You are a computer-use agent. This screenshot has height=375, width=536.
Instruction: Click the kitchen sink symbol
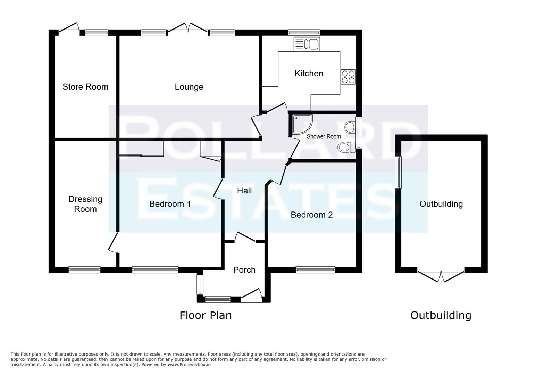[x=307, y=44]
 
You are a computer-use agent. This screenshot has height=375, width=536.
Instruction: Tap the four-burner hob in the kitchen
[x=348, y=77]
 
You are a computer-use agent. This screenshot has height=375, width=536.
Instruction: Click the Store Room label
[x=85, y=87]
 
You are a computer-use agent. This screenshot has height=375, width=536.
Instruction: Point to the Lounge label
[x=189, y=87]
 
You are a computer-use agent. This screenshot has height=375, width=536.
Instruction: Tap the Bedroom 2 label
[x=311, y=215]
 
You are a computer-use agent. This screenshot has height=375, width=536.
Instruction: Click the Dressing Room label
[x=85, y=204]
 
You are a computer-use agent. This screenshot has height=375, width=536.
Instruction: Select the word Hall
[x=244, y=190]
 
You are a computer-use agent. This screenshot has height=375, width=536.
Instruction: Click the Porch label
[x=244, y=270]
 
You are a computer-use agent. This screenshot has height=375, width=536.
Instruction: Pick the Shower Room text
[x=324, y=136]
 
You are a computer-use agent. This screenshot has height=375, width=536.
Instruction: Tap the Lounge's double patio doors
[x=187, y=28]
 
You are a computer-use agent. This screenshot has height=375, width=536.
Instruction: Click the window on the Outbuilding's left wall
[x=399, y=172]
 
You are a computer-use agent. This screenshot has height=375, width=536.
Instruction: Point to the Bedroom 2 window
[x=315, y=269]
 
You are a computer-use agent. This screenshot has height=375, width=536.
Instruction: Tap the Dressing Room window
[x=84, y=269]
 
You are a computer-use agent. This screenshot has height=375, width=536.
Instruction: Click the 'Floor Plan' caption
[x=206, y=315]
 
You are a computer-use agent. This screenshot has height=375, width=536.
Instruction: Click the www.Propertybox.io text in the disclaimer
[x=189, y=364]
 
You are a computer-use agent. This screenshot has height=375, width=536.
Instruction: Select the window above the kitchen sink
[x=304, y=33]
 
